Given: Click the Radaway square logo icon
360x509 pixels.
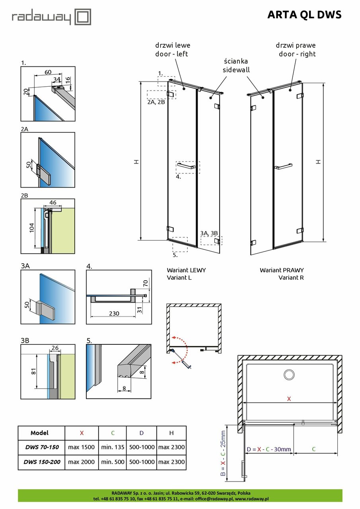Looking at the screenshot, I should click(83, 17).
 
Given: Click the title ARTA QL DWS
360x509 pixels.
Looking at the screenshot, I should click(304, 15).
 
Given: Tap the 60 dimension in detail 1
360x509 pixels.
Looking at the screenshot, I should click(48, 72).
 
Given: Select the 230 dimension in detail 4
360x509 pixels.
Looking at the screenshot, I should click(114, 313).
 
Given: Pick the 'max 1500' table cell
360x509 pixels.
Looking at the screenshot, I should click(82, 447).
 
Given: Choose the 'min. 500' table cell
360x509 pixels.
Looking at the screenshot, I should click(113, 462).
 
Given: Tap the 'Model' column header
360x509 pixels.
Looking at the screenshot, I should click(39, 433).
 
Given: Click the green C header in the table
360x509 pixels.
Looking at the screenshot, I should click(113, 433).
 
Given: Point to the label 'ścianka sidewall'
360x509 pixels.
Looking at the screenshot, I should click(236, 65).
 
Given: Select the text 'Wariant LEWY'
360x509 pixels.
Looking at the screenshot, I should click(186, 270).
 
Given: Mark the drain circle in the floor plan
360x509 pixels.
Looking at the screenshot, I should click(289, 374).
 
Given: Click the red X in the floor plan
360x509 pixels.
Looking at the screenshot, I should click(289, 398).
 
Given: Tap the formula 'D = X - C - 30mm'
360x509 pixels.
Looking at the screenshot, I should click(269, 449).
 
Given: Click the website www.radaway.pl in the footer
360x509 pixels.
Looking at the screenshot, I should click(252, 499).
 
